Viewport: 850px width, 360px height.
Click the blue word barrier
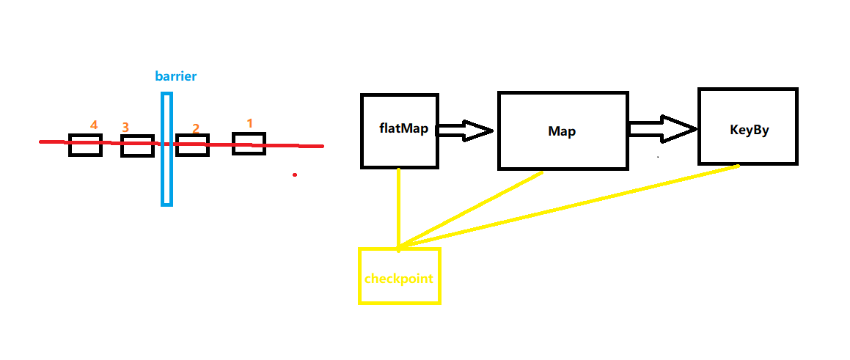[176, 76]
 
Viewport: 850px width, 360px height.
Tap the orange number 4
[94, 125]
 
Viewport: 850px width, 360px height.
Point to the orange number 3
[125, 128]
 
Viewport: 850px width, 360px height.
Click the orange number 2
[196, 128]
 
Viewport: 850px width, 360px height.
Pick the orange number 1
[249, 123]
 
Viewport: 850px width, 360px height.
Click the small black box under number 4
[85, 145]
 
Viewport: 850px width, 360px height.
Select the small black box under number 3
[137, 146]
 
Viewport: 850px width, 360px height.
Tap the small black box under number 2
[193, 146]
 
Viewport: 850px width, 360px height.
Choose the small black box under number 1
[249, 144]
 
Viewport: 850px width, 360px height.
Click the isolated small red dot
[295, 175]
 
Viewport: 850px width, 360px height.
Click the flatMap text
[399, 129]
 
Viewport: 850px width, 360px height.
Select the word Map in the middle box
[562, 132]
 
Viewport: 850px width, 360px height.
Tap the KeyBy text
[749, 130]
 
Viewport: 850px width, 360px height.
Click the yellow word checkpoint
[399, 279]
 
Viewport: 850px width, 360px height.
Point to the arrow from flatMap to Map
[465, 131]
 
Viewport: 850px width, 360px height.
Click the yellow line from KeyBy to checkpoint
[572, 206]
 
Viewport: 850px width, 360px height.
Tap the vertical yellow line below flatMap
[398, 209]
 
